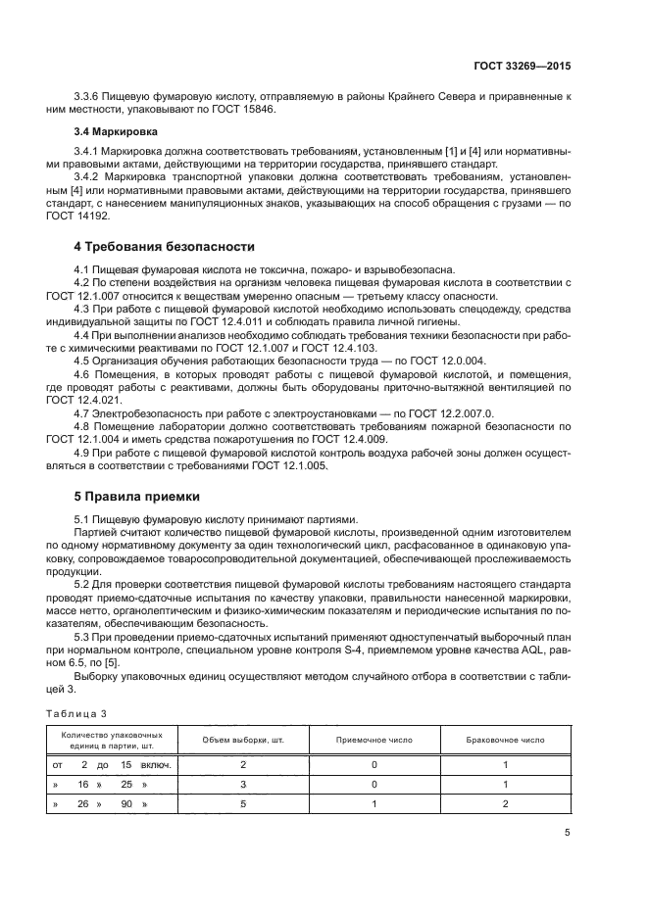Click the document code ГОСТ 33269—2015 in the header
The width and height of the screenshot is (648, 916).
[x=518, y=66]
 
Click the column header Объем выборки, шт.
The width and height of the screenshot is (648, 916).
[x=241, y=739]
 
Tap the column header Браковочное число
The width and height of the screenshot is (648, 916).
[x=505, y=739]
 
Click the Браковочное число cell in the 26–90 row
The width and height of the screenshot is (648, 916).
[x=505, y=803]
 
